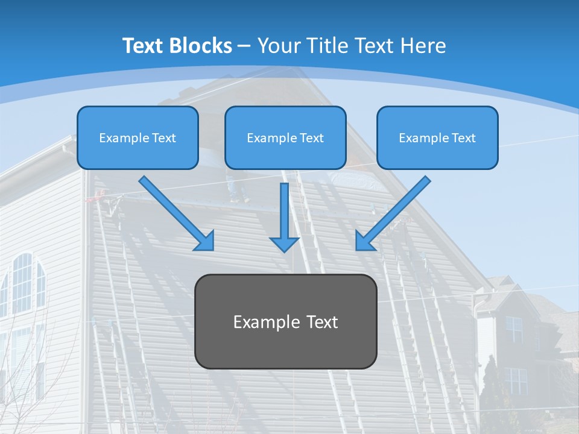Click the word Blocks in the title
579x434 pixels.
click(x=201, y=46)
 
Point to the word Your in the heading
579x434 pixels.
click(x=279, y=46)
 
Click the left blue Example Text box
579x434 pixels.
click(x=138, y=138)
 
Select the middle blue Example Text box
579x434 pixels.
click(x=285, y=138)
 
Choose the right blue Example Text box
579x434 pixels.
click(x=437, y=138)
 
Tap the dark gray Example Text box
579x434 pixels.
click(x=286, y=321)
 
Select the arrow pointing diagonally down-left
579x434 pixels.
click(x=395, y=211)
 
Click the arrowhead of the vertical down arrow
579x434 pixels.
click(x=284, y=243)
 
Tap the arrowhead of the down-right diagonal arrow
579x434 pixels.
click(x=205, y=241)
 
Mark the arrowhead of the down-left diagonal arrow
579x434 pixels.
click(x=364, y=241)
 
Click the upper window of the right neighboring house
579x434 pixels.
click(x=514, y=329)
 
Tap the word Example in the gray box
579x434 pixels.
click(x=261, y=322)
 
